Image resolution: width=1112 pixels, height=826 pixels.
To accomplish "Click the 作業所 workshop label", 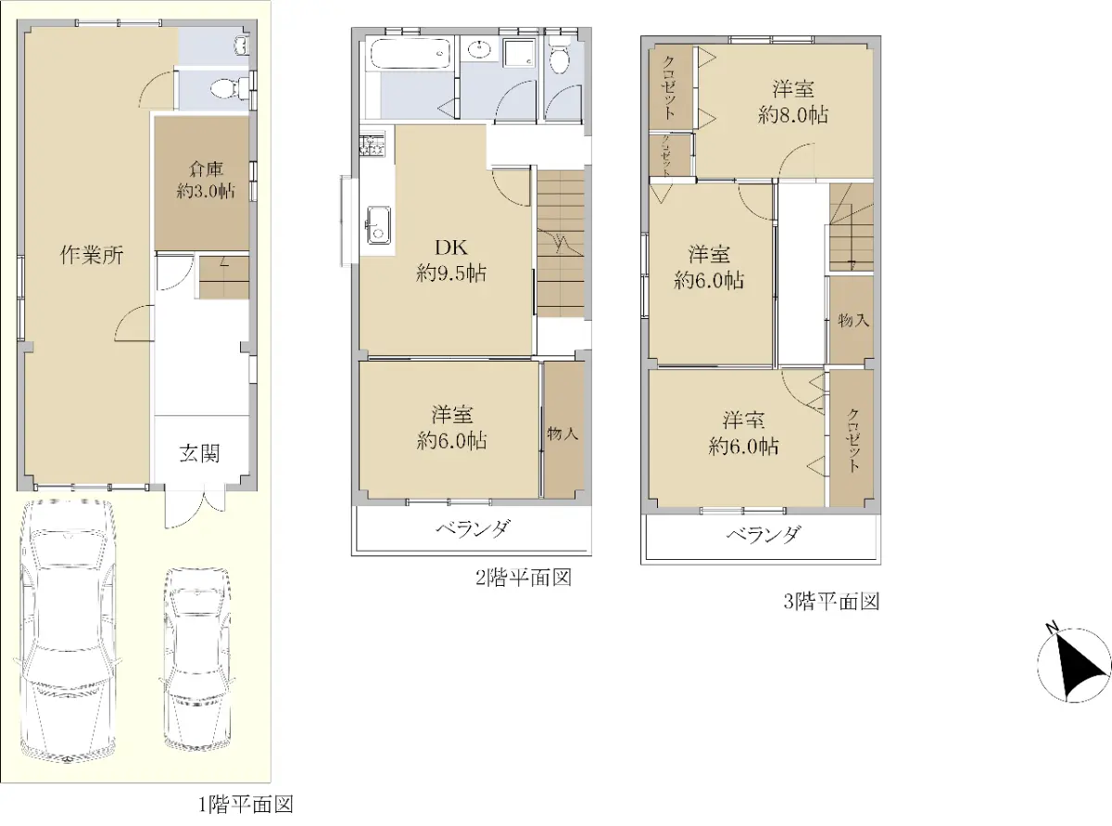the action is [92, 256].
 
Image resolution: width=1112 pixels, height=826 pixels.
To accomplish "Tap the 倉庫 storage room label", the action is [206, 169].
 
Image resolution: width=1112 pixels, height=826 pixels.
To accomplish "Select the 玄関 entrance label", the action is [199, 454].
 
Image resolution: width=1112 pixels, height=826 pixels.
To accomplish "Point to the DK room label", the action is [451, 248].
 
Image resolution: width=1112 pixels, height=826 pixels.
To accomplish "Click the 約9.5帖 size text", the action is [451, 273].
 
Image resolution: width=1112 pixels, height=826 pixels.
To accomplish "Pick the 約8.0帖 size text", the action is [792, 116].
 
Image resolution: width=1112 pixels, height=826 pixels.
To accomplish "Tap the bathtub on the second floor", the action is [411, 55].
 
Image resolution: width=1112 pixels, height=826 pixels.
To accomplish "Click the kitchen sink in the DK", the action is [379, 225].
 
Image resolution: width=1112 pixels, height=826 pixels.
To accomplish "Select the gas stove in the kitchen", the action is [372, 143].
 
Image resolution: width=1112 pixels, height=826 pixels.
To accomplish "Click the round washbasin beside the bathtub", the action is [481, 50].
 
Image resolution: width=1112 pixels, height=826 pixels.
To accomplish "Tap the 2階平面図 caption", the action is [524, 578].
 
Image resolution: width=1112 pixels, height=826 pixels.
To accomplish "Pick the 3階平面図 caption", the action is [832, 602].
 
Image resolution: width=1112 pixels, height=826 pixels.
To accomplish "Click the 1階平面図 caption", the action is [246, 805].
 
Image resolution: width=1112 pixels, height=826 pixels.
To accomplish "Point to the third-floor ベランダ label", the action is [764, 535].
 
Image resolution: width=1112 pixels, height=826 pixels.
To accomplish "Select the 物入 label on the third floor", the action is [853, 321].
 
